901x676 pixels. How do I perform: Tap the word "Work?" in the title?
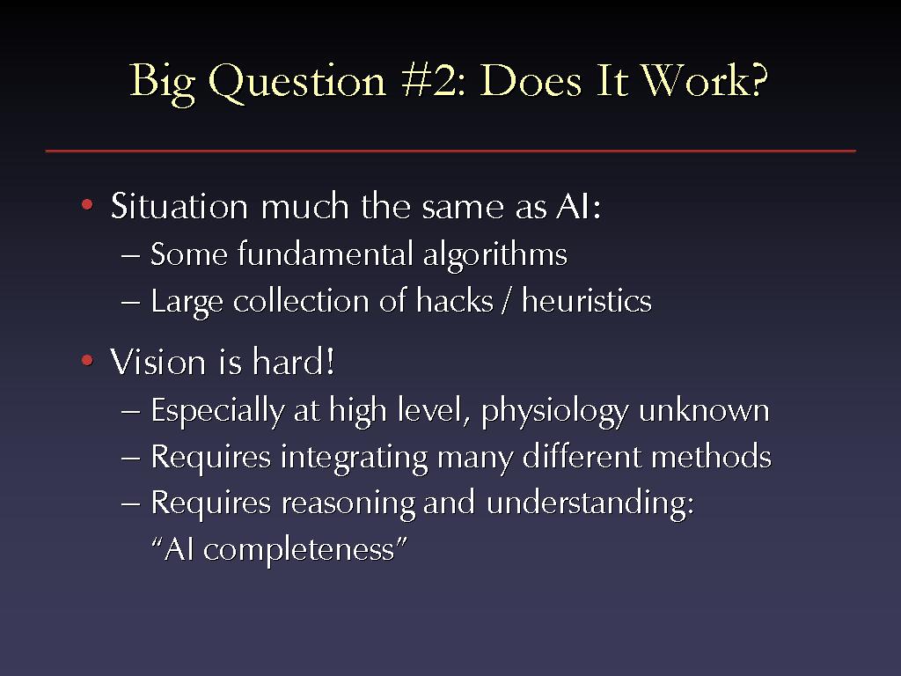[x=705, y=79]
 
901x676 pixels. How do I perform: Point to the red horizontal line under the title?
[x=450, y=151]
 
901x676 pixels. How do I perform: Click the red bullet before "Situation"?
[x=87, y=204]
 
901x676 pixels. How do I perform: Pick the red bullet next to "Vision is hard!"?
[x=87, y=360]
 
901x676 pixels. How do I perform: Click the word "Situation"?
[x=179, y=205]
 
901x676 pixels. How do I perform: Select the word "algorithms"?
[x=494, y=255]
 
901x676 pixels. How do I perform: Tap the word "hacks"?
[x=455, y=300]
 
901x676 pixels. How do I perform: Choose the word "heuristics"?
[x=587, y=300]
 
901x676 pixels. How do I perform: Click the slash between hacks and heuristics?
[x=507, y=301]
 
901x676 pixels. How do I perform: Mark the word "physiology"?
[x=555, y=412]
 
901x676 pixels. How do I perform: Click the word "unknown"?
[x=704, y=410]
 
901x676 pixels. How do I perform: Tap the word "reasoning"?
[x=348, y=504]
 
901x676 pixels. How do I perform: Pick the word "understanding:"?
[x=590, y=503]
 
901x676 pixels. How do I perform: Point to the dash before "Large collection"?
[x=130, y=301]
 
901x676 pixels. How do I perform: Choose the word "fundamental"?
[x=326, y=253]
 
